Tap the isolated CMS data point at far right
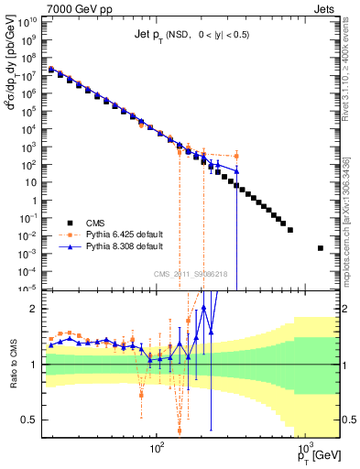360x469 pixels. tap(321, 248)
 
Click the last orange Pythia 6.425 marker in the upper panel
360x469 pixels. tap(236, 155)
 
